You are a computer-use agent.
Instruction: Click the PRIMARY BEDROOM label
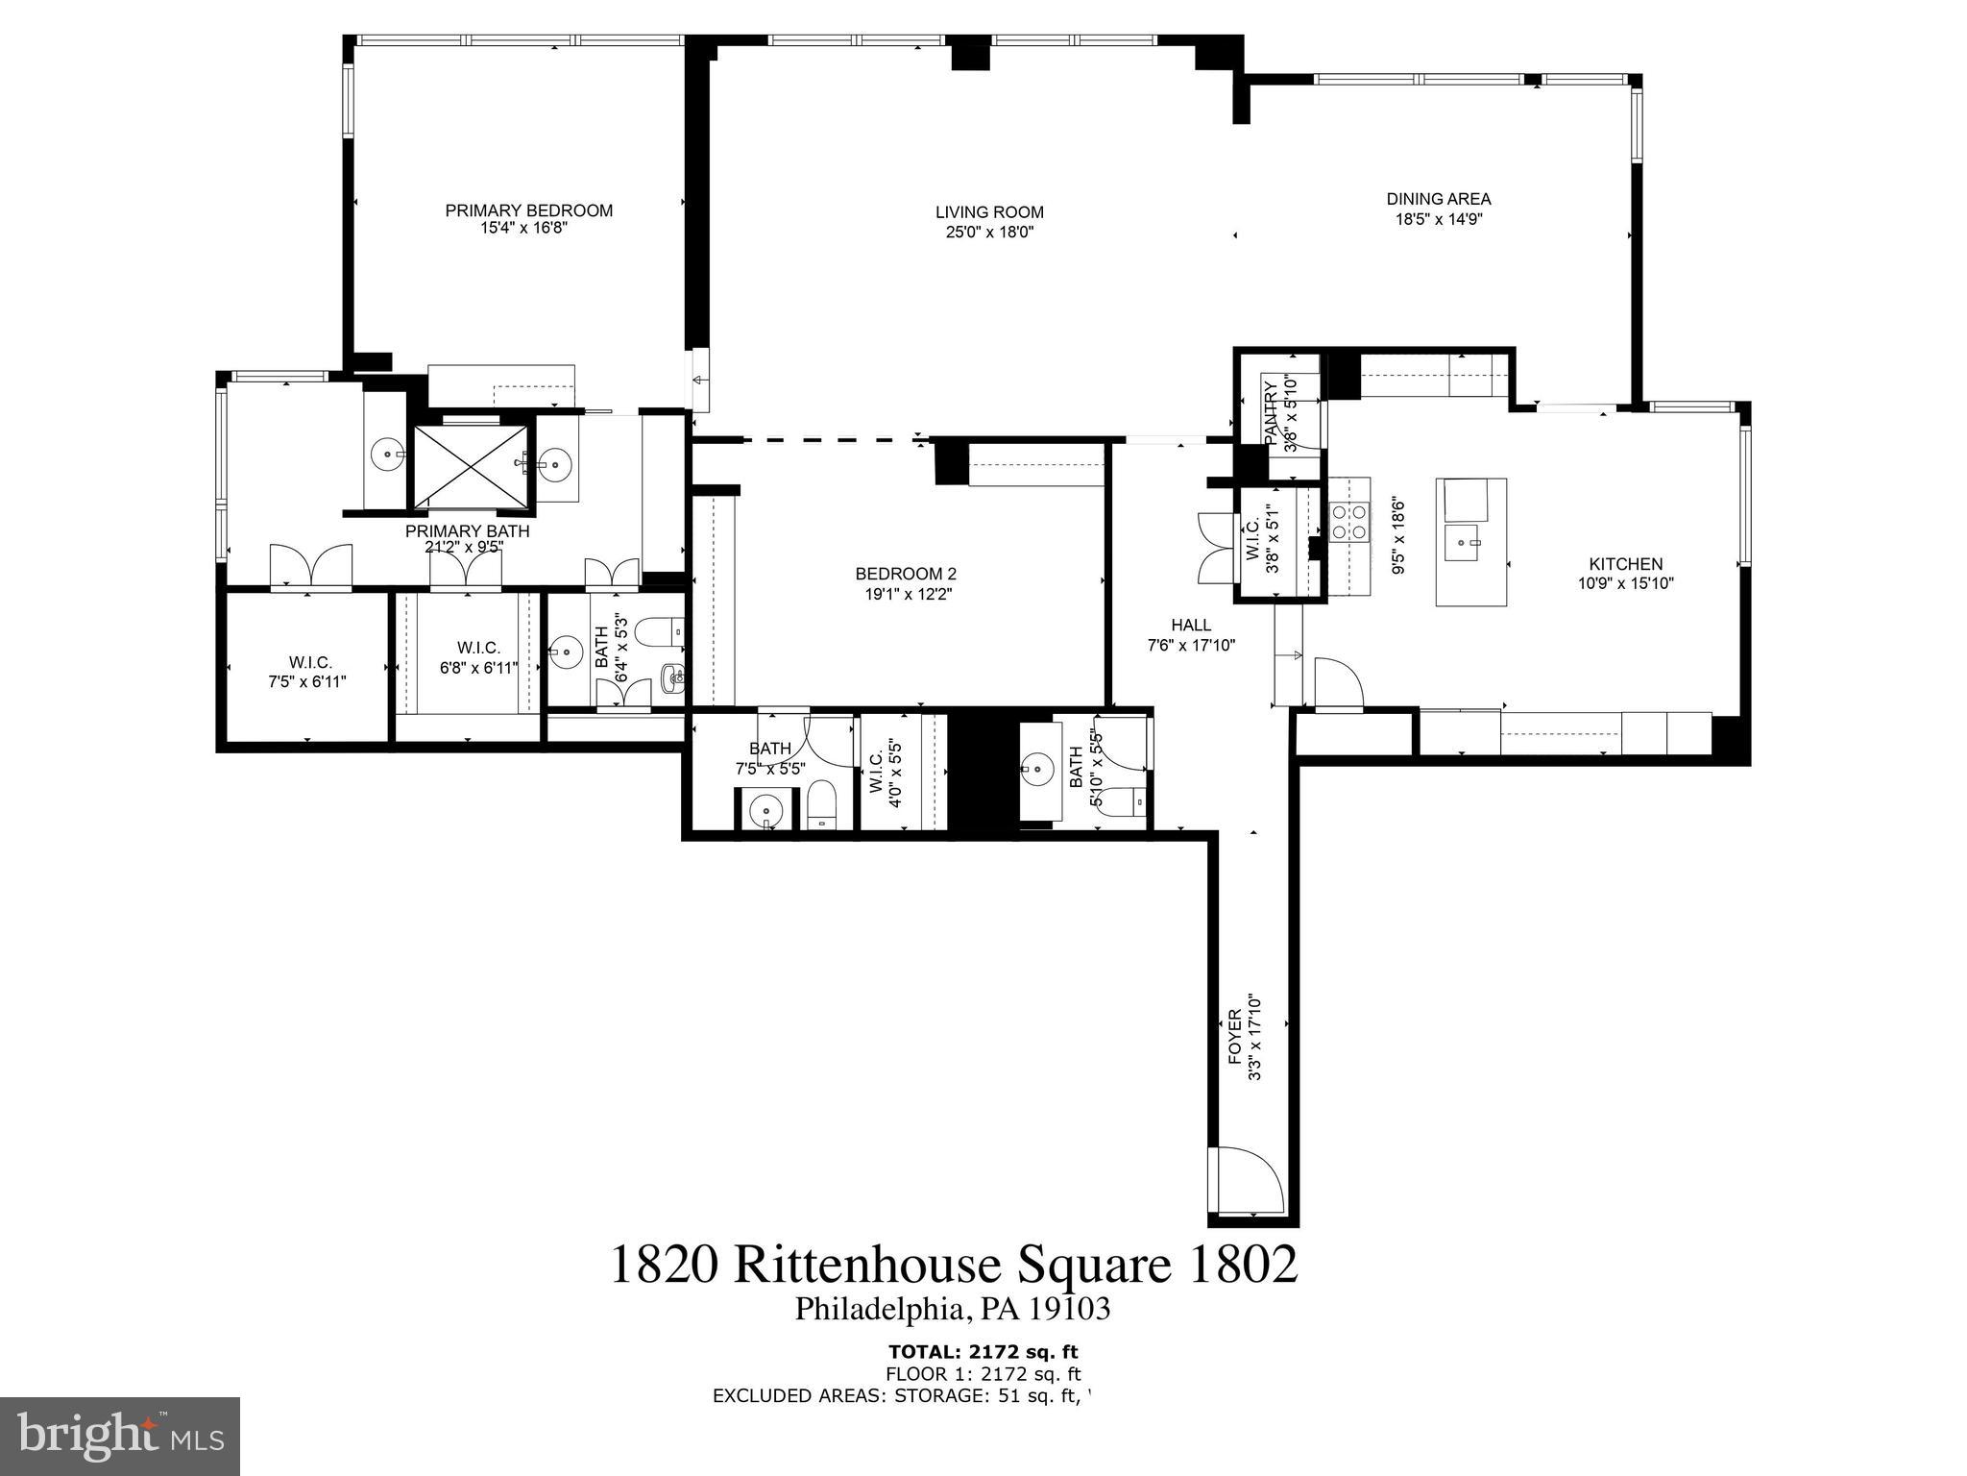pyautogui.click(x=528, y=210)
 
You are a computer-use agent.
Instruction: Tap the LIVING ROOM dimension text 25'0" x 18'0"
pyautogui.click(x=989, y=232)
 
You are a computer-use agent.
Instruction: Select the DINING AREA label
pyautogui.click(x=1438, y=199)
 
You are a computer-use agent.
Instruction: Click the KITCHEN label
pyautogui.click(x=1625, y=564)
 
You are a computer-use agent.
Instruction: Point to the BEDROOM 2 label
pyautogui.click(x=906, y=574)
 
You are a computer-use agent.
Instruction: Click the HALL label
pyautogui.click(x=1191, y=625)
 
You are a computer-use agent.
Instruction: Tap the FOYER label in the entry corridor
pyautogui.click(x=1235, y=1036)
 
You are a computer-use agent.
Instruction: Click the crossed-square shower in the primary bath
pyautogui.click(x=469, y=465)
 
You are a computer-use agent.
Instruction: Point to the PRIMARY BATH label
pyautogui.click(x=467, y=530)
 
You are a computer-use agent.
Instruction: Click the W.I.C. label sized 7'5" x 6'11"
pyautogui.click(x=309, y=662)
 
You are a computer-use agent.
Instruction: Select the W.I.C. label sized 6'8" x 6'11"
pyautogui.click(x=477, y=648)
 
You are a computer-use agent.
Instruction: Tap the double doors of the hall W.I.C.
pyautogui.click(x=1215, y=548)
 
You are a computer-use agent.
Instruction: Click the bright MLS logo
pyautogui.click(x=120, y=1436)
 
